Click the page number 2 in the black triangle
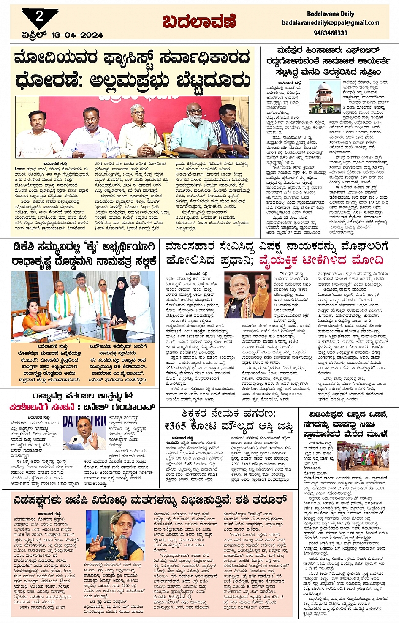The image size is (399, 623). point(39,16)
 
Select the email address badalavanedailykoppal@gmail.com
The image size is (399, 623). point(331,23)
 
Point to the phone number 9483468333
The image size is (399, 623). point(331,33)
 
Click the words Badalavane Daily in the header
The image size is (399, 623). point(331,14)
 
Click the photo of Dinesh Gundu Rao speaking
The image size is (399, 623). point(84,433)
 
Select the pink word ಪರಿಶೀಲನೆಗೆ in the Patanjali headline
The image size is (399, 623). point(36,407)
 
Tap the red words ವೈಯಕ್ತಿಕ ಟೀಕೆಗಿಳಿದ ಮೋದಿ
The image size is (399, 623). point(321,260)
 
